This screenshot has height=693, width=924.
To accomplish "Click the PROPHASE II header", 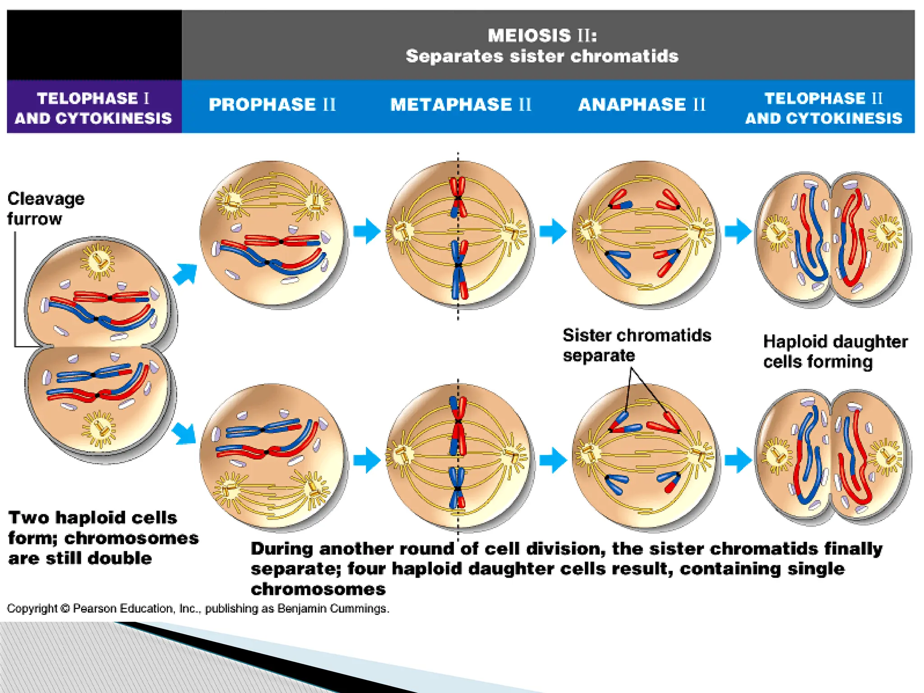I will [x=272, y=105].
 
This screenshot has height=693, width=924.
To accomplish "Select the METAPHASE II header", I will [x=461, y=105].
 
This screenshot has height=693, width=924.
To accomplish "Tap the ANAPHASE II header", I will [x=642, y=105].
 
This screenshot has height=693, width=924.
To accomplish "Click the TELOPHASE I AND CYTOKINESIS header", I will [x=93, y=108].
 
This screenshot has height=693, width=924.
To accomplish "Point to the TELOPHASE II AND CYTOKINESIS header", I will [x=823, y=108].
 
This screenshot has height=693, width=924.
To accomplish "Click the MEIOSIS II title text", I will [x=542, y=36].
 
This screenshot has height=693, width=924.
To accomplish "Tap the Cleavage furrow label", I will [x=45, y=208].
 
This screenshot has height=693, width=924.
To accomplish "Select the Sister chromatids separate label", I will [x=636, y=345].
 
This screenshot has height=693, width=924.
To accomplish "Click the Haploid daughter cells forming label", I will [x=835, y=351].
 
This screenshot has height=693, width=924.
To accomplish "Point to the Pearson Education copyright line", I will [x=198, y=609].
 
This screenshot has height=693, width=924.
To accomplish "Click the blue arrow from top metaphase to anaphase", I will [x=553, y=231].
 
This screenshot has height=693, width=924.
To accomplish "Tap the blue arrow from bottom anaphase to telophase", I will [x=738, y=460].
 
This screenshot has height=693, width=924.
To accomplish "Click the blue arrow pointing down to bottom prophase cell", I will [x=185, y=434].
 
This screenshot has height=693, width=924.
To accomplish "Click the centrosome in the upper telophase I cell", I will [x=97, y=261].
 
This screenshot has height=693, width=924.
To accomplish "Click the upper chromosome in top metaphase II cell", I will [x=458, y=198].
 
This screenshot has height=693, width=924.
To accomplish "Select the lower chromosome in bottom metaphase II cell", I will [x=457, y=489].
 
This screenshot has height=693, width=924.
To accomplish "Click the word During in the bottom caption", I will [x=282, y=549].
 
